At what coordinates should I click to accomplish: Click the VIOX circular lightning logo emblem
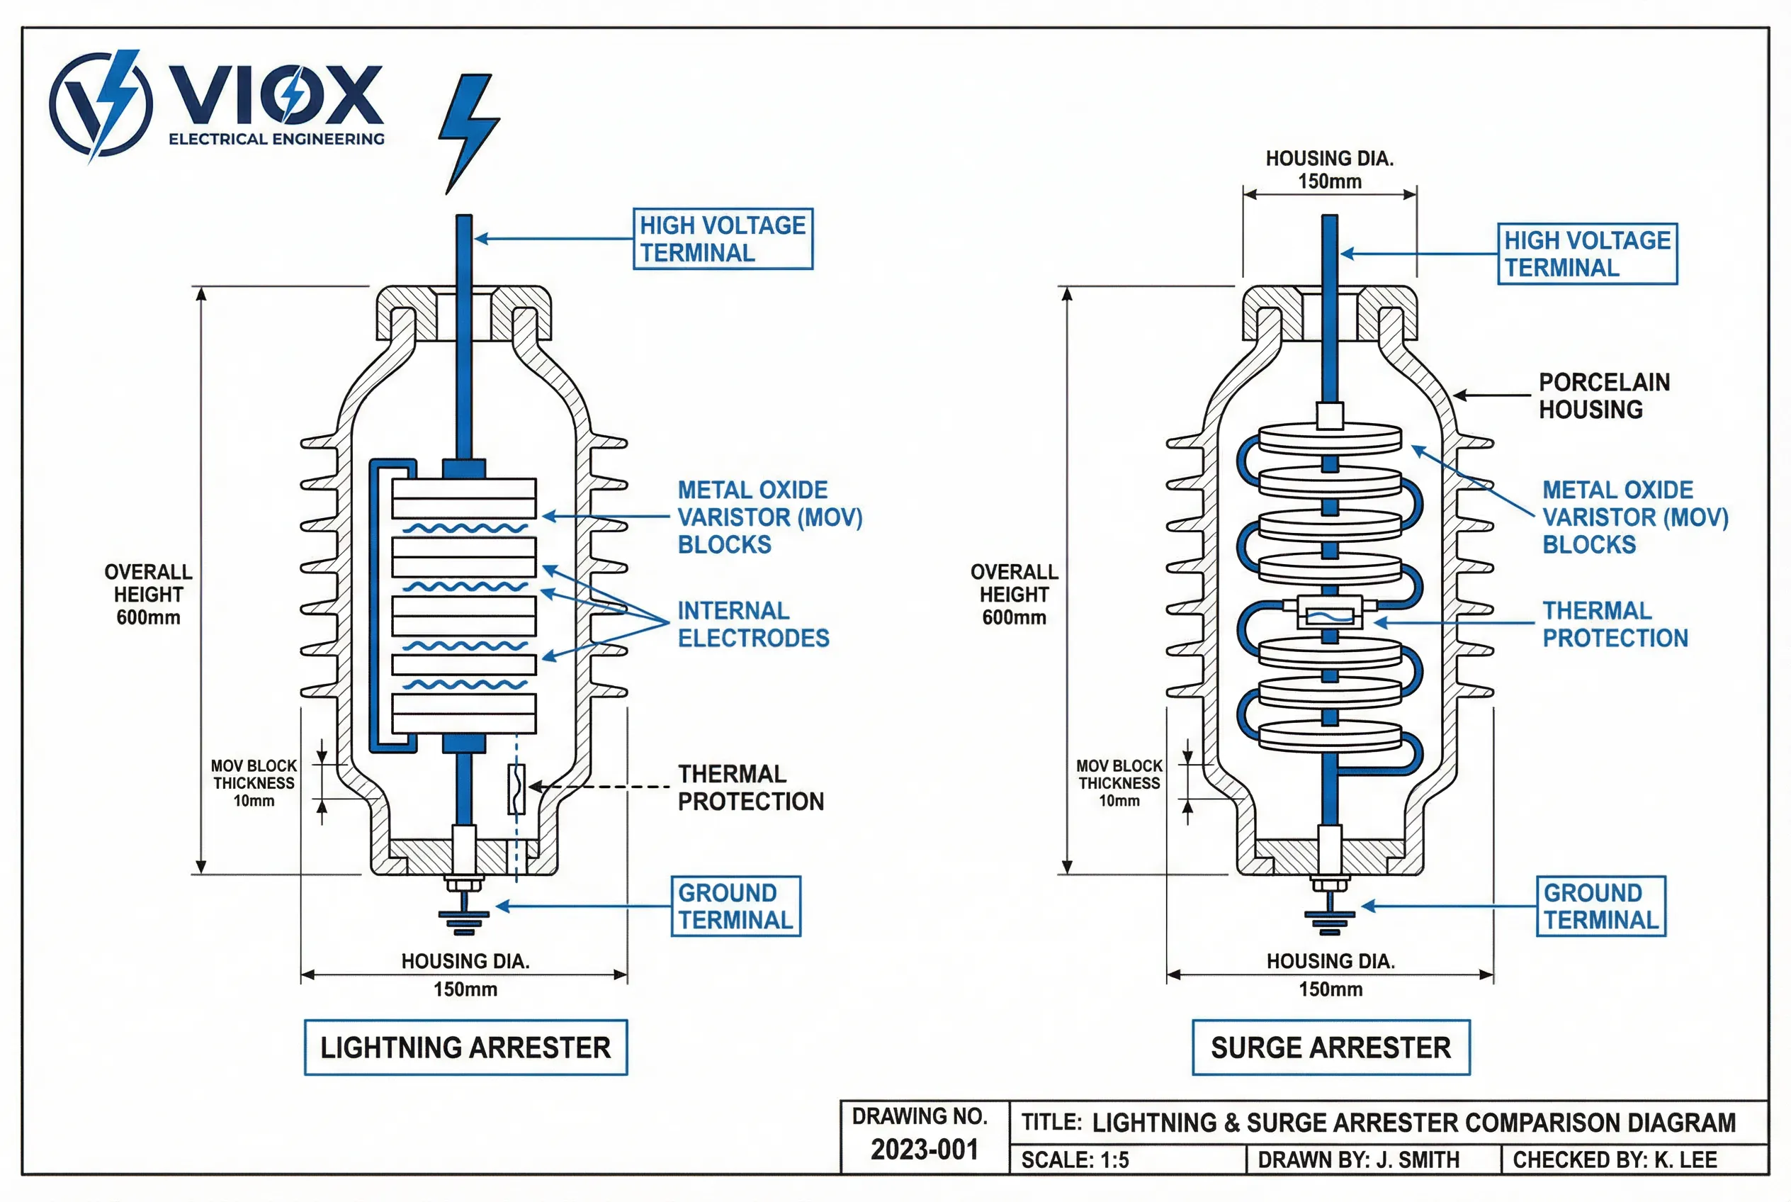tap(101, 104)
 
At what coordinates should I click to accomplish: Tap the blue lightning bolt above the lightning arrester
tap(467, 130)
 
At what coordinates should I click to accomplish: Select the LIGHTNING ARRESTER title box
tap(465, 1047)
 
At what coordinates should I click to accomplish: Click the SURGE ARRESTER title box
tap(1330, 1047)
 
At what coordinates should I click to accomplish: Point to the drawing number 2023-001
tap(925, 1150)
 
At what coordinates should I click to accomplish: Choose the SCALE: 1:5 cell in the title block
tap(1075, 1160)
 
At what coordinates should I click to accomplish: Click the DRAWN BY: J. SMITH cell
tap(1358, 1160)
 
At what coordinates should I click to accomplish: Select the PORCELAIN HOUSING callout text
tap(1603, 395)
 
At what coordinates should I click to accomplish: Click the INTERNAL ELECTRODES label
tap(752, 624)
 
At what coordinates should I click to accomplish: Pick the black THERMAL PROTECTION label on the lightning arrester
tap(750, 787)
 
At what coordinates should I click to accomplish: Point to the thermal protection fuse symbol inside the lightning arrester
tap(516, 788)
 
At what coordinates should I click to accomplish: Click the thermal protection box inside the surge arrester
tap(1329, 614)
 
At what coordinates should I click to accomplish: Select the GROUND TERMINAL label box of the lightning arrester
tap(735, 906)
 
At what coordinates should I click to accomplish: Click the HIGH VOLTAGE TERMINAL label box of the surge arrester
tap(1587, 254)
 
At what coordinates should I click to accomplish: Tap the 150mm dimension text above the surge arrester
tap(1330, 181)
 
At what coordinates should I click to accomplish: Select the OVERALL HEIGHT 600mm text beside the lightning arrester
tap(148, 594)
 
